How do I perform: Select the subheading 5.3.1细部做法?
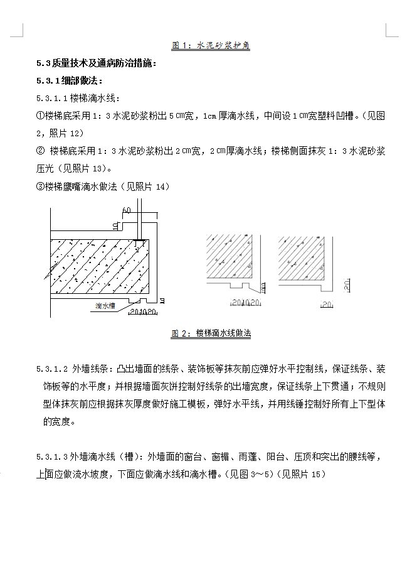click(x=70, y=80)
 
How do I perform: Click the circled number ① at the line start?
click(x=41, y=116)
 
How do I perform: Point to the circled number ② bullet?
click(x=41, y=151)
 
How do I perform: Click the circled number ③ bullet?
click(x=41, y=186)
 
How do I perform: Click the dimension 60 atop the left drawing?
click(x=127, y=210)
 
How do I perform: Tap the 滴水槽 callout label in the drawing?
click(x=103, y=306)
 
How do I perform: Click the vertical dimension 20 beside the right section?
click(x=346, y=286)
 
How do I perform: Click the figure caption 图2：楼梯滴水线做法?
click(x=211, y=334)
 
